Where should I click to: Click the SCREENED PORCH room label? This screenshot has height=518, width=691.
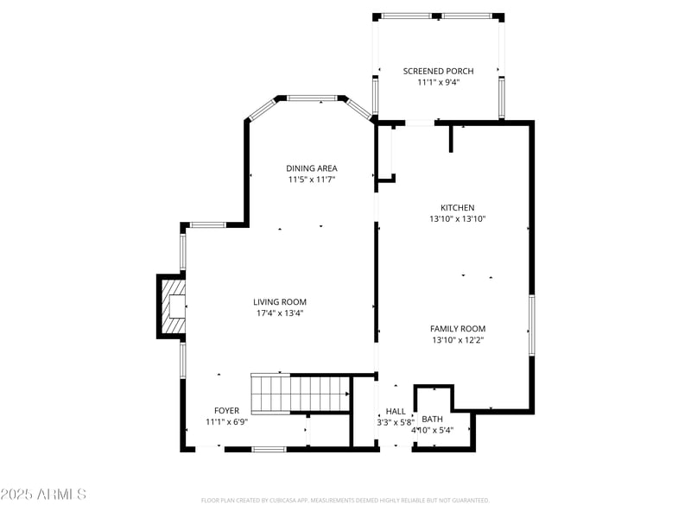[x=438, y=71]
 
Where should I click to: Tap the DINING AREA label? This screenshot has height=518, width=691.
[x=311, y=168]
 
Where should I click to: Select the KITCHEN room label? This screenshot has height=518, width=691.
[x=458, y=208]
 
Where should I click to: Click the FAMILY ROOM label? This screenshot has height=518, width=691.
[x=458, y=329]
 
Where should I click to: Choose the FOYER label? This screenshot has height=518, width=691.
[x=226, y=411]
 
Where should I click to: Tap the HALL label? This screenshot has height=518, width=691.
[x=396, y=412]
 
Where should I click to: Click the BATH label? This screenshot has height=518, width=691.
[x=432, y=419]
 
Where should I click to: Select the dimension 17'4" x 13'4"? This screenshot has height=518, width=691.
[x=279, y=313]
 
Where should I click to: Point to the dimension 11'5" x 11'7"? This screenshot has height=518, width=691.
[x=311, y=180]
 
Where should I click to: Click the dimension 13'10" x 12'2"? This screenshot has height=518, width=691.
[x=458, y=340]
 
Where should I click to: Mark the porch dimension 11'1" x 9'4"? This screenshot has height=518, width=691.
[x=438, y=83]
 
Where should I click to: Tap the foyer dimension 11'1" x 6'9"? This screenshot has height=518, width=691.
[x=226, y=422]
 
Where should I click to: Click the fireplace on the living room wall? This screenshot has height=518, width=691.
[x=172, y=306]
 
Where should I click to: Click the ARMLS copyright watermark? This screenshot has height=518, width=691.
[x=43, y=495]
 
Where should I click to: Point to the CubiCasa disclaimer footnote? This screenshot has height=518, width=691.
[x=345, y=500]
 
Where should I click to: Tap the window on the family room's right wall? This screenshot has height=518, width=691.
[x=531, y=325]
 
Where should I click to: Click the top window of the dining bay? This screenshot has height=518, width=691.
[x=311, y=98]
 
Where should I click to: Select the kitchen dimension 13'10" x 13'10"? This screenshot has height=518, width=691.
[x=458, y=219]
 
